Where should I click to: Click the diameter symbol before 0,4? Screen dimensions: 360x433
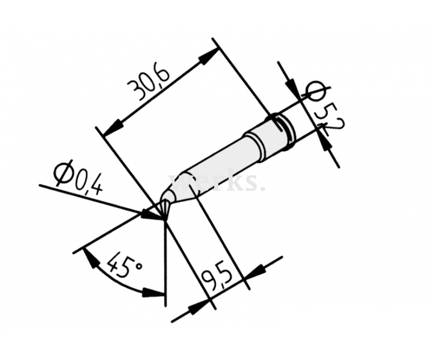[x=61, y=172]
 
